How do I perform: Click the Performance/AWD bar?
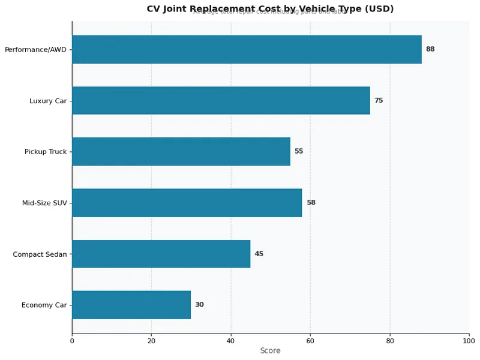click(247, 49)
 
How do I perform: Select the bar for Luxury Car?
click(221, 100)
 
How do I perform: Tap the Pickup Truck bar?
click(181, 151)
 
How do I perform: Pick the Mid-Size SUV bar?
click(187, 203)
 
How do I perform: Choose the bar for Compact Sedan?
click(161, 254)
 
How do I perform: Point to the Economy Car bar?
click(131, 305)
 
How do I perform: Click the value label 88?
click(430, 49)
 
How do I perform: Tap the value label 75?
click(379, 100)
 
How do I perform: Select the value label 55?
click(299, 151)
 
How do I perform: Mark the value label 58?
click(311, 203)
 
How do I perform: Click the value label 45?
click(259, 254)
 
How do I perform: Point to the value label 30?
click(199, 305)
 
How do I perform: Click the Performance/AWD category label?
click(35, 50)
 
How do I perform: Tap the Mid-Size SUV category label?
click(44, 203)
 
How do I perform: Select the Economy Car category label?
click(44, 305)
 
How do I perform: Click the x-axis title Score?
click(270, 350)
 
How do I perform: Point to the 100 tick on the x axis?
click(469, 341)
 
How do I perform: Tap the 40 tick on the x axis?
click(230, 341)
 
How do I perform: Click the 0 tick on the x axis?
click(72, 341)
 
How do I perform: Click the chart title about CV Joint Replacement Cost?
click(270, 9)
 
